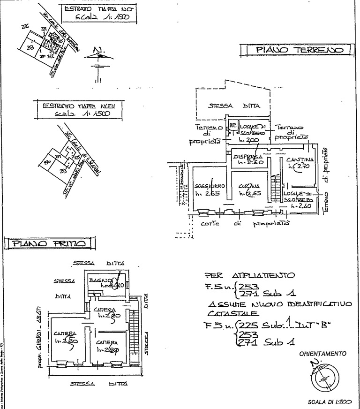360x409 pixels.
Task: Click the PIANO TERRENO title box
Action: pos(298,50)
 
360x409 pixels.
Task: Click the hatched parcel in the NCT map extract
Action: pos(48,46)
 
